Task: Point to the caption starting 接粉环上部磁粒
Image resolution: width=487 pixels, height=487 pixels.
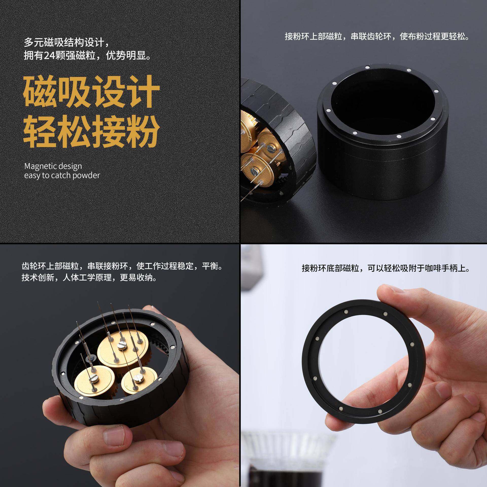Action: click(377, 37)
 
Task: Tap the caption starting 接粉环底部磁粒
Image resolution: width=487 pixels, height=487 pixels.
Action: click(386, 268)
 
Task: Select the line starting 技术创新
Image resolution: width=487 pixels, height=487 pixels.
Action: click(89, 278)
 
